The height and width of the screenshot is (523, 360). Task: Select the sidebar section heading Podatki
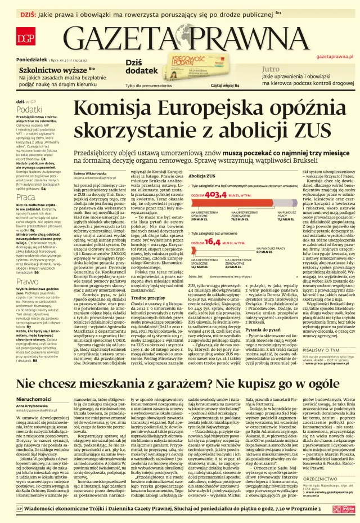[29, 110]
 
